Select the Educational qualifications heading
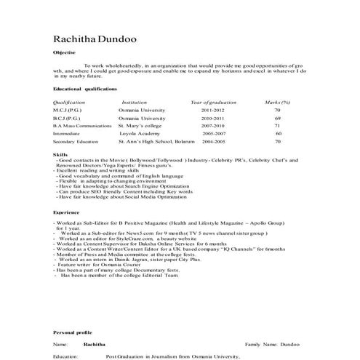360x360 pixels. pyautogui.click(x=85, y=88)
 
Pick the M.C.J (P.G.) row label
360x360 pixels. pyautogui.click(x=68, y=110)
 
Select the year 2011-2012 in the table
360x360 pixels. pyautogui.click(x=212, y=110)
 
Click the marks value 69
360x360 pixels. pyautogui.click(x=277, y=118)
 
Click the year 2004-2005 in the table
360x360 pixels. pyautogui.click(x=214, y=142)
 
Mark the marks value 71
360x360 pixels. pyautogui.click(x=277, y=126)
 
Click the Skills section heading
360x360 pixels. pyautogui.click(x=60, y=155)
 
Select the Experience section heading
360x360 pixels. pyautogui.click(x=66, y=212)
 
